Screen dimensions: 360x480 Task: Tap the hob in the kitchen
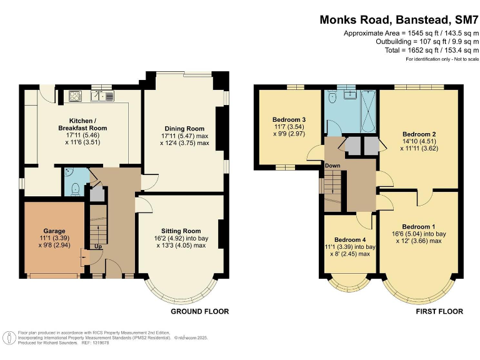[x=76, y=96]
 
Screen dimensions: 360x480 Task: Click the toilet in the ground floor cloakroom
[x=74, y=187]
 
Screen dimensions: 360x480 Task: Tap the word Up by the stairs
[x=98, y=246]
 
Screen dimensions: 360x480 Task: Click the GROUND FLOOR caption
[x=199, y=311]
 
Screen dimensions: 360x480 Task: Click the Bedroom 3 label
[x=289, y=119]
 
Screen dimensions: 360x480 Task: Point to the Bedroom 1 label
[x=419, y=226]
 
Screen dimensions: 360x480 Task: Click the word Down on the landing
[x=332, y=165]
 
